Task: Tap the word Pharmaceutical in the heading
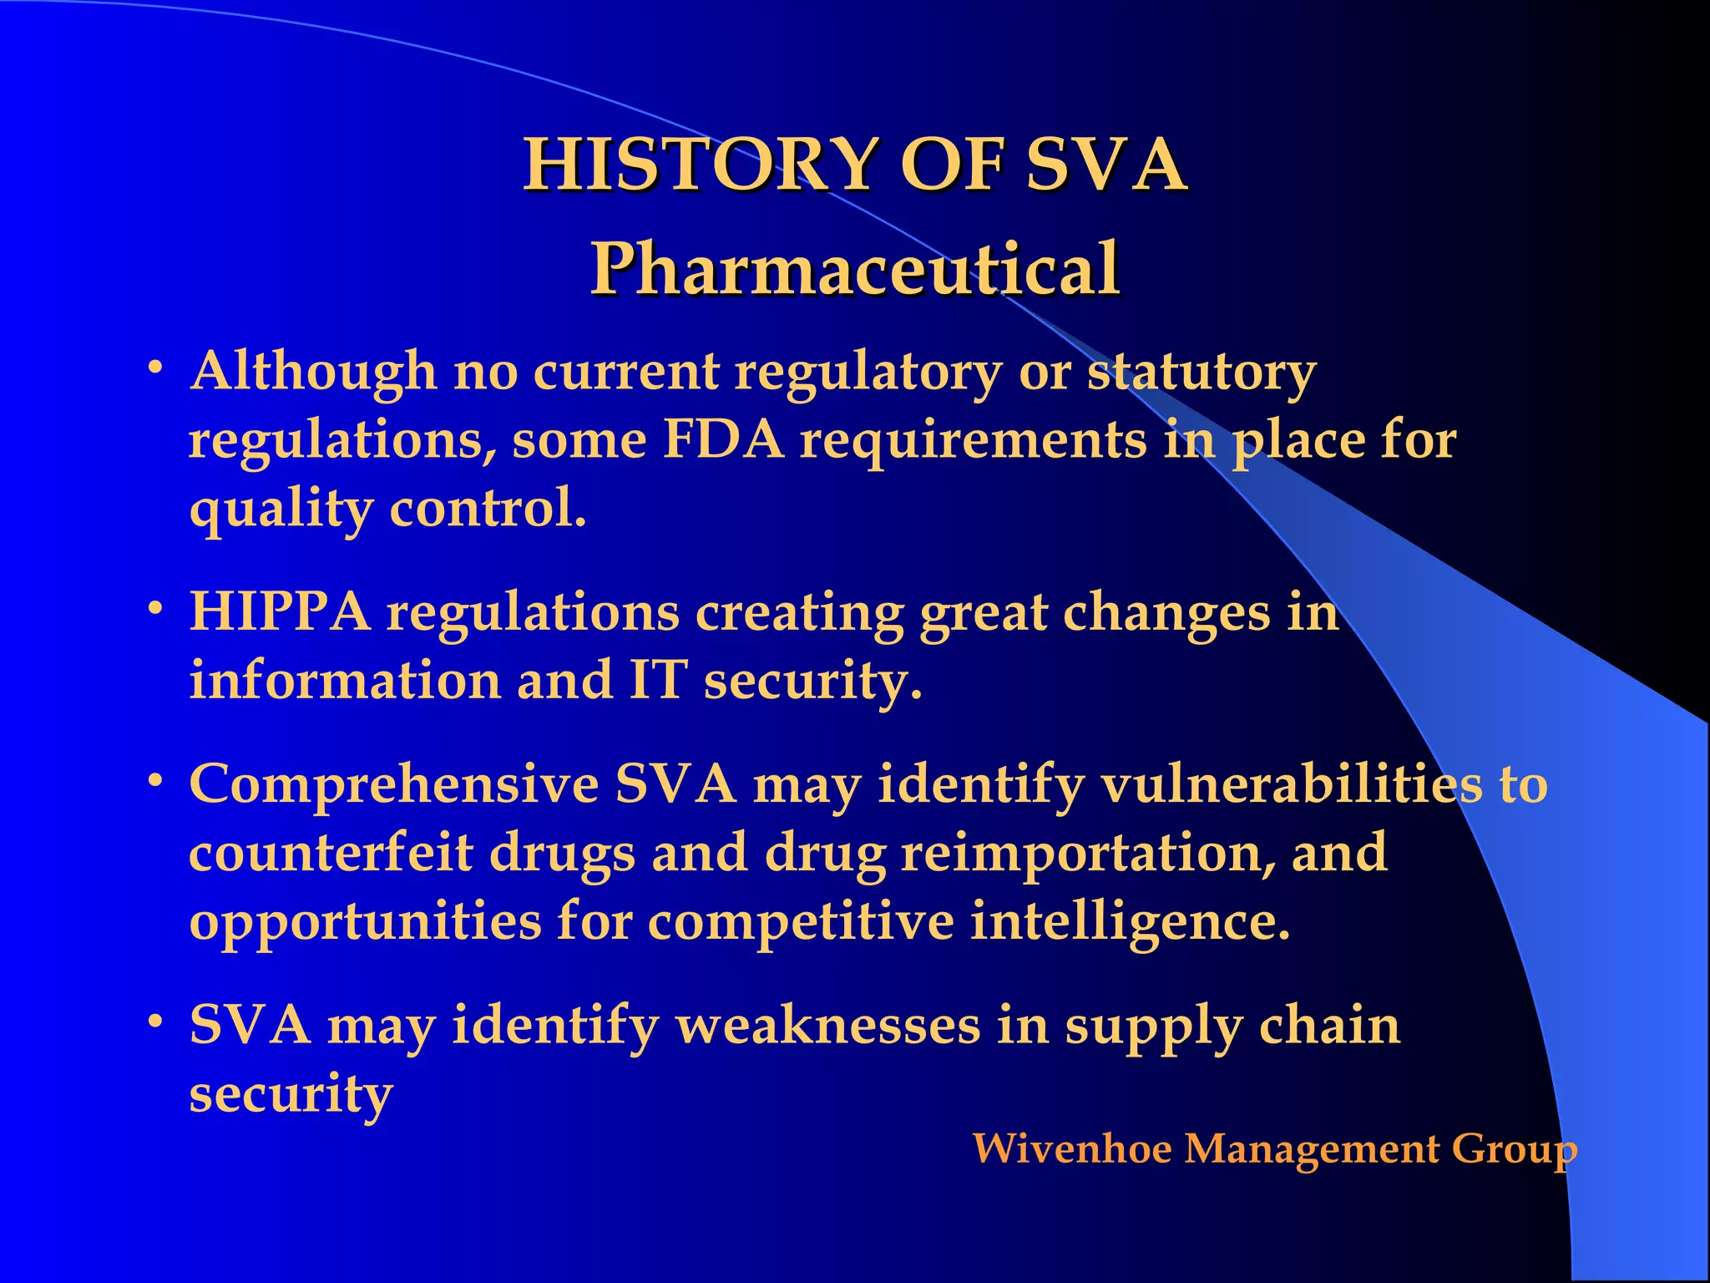(855, 268)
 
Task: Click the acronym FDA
(723, 440)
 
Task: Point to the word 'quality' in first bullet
(281, 510)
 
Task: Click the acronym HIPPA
(280, 611)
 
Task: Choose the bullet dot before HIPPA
(155, 609)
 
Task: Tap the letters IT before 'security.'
(657, 680)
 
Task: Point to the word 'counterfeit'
(331, 853)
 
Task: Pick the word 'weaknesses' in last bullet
(827, 1025)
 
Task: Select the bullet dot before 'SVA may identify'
(155, 1022)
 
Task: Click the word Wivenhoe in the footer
(1072, 1149)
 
